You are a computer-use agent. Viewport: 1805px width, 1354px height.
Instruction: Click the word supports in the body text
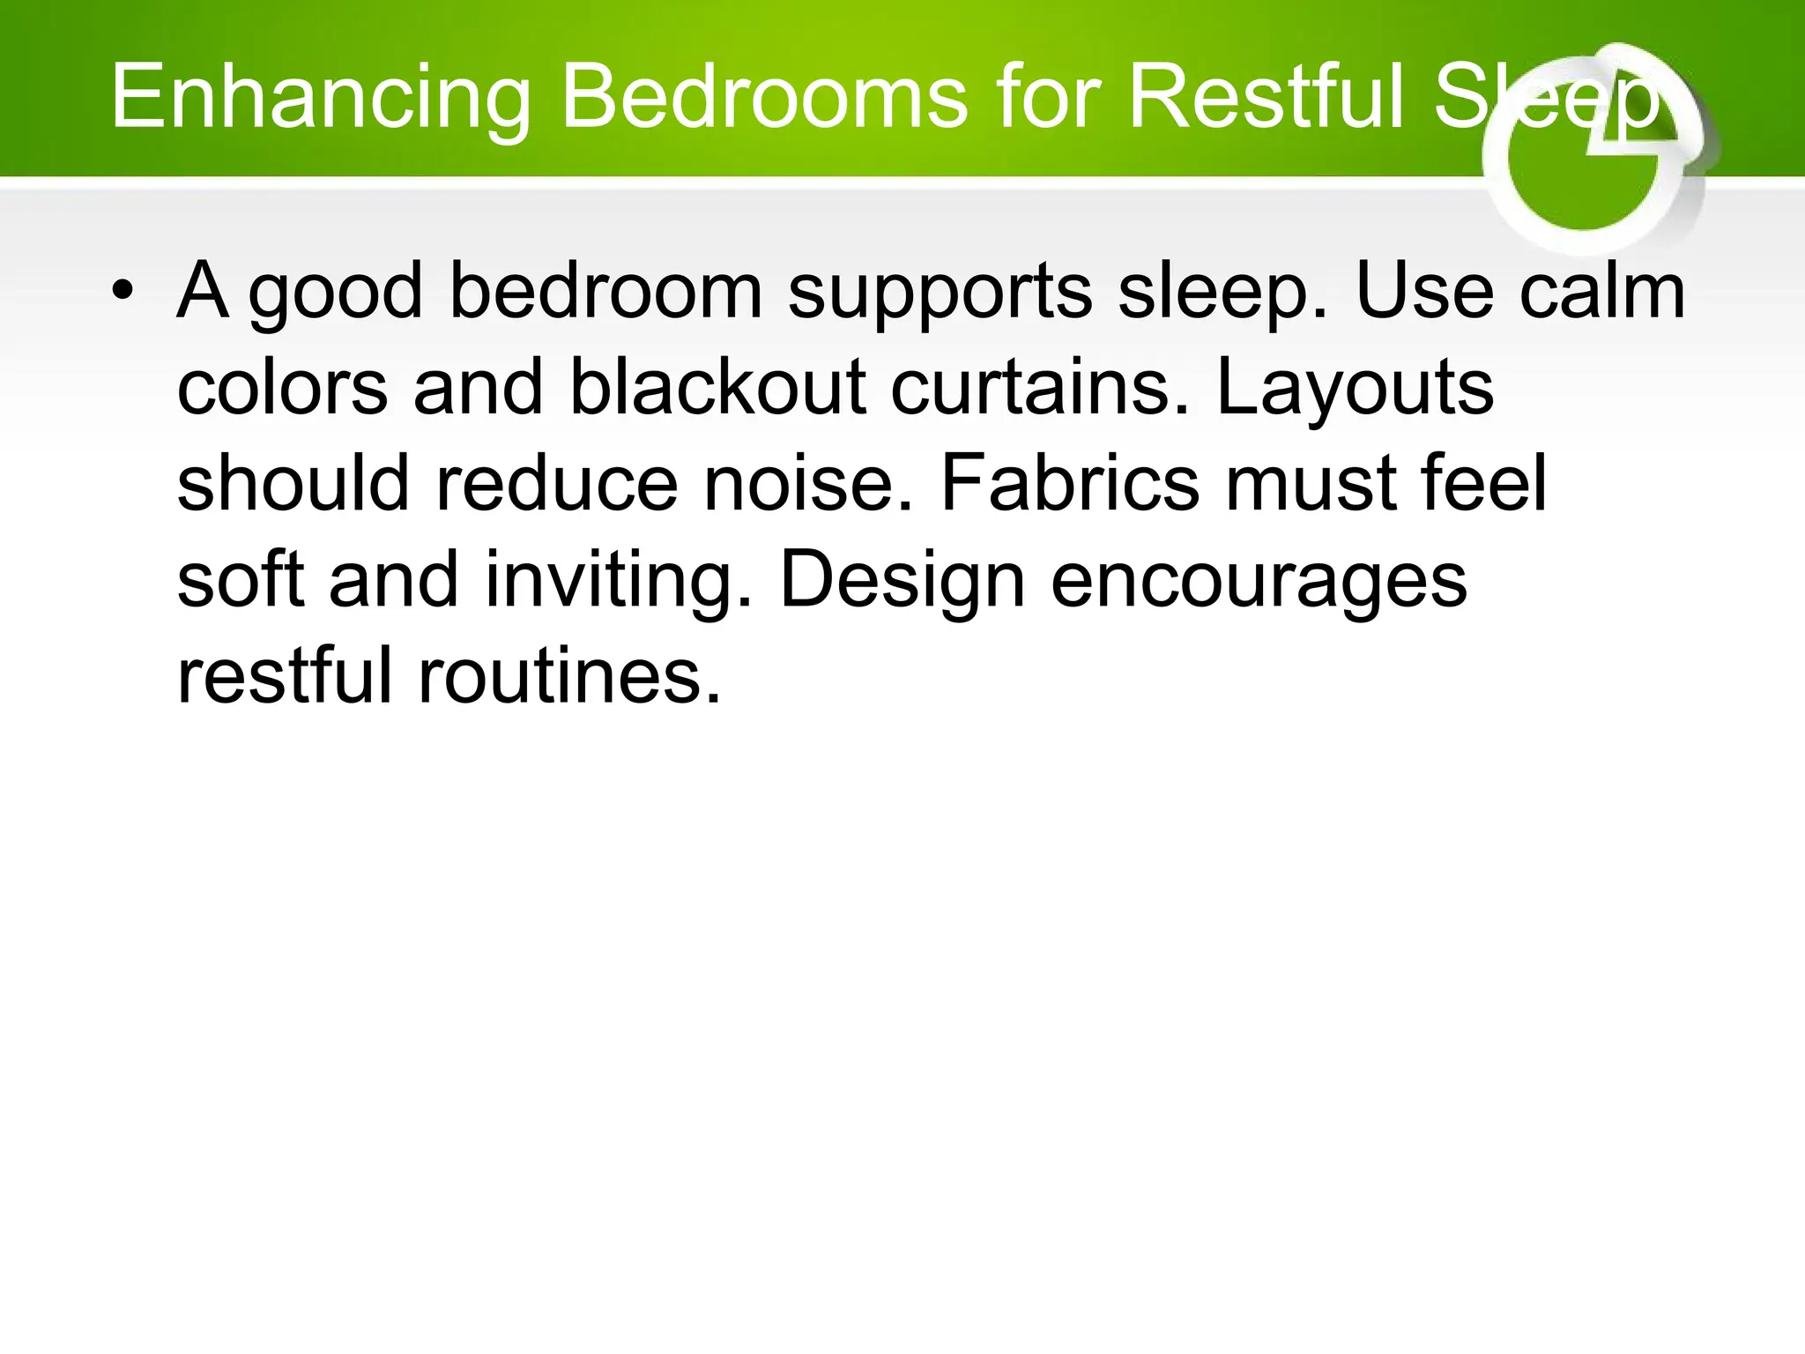tap(940, 293)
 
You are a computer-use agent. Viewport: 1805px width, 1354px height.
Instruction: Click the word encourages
tap(1259, 582)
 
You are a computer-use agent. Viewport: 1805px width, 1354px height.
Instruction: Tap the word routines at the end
tap(569, 677)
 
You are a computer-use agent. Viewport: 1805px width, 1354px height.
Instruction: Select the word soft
tap(240, 582)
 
